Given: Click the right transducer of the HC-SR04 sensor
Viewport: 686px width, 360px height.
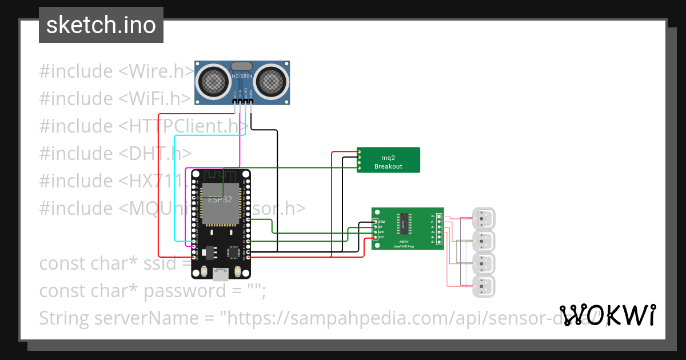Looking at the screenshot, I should pos(270,82).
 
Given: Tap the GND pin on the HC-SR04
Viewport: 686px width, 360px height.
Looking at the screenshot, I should pos(251,102).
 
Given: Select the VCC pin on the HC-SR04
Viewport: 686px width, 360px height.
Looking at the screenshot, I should pos(234,102).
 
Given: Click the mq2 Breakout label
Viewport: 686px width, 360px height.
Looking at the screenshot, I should pos(388,162).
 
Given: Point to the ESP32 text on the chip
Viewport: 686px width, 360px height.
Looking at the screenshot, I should pos(220,200).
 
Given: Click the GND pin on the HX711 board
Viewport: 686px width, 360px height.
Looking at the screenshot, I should pos(376,221).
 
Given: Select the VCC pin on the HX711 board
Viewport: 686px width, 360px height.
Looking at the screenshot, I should pos(376,237).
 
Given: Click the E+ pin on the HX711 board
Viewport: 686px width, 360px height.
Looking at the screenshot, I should pos(438,216).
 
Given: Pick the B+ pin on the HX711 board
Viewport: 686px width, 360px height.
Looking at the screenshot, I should pos(438,243).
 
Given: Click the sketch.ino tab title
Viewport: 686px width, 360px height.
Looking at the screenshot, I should pos(101,25).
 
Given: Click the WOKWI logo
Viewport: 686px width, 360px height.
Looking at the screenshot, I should pos(608,315).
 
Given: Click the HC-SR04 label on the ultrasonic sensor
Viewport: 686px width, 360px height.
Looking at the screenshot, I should pos(242,77).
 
